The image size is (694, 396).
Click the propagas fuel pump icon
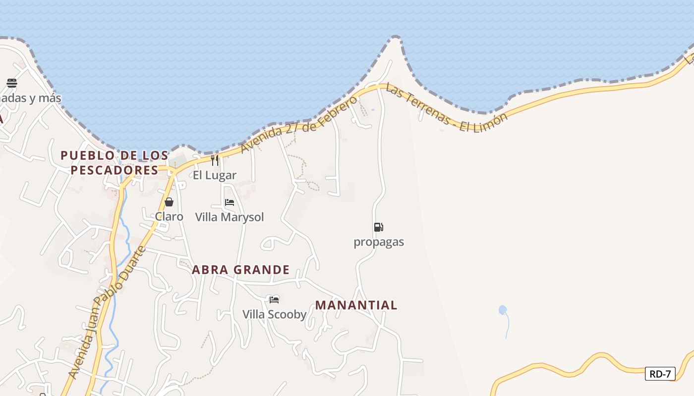pyautogui.click(x=378, y=227)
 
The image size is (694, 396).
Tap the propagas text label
pyautogui.click(x=379, y=242)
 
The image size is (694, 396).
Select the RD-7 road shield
pyautogui.click(x=660, y=374)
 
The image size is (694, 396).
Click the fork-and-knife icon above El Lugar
pyautogui.click(x=215, y=160)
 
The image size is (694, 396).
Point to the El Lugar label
pyautogui.click(x=215, y=175)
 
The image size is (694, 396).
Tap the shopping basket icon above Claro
pyautogui.click(x=169, y=202)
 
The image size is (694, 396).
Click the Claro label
pyautogui.click(x=169, y=217)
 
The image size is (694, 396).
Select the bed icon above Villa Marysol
pyautogui.click(x=230, y=202)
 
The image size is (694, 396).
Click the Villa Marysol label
pyautogui.click(x=230, y=217)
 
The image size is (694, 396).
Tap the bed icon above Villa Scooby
pyautogui.click(x=274, y=299)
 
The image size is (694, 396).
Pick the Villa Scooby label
pyautogui.click(x=274, y=314)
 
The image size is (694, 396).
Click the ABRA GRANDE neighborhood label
pyautogui.click(x=240, y=270)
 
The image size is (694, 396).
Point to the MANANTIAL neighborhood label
pyautogui.click(x=356, y=305)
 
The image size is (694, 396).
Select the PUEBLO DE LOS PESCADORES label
pyautogui.click(x=115, y=163)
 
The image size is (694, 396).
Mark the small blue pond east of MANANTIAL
pyautogui.click(x=503, y=310)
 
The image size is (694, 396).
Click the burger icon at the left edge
pyautogui.click(x=12, y=83)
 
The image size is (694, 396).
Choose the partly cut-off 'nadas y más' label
pyautogui.click(x=30, y=98)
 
